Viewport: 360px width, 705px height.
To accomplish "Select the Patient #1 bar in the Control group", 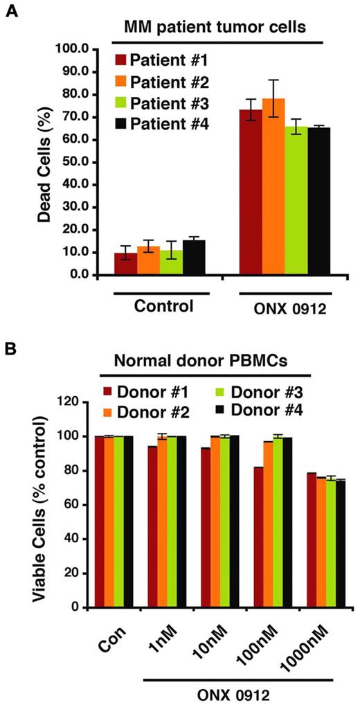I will (x=125, y=264).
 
